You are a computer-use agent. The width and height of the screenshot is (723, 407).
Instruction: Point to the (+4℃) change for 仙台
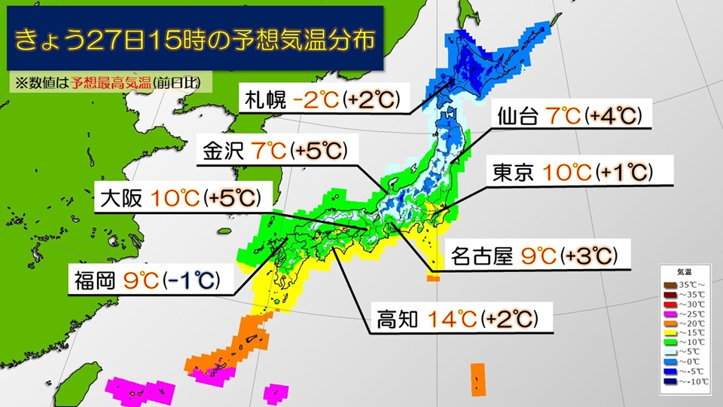point(612,117)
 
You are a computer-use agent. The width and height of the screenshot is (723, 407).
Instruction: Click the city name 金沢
point(221,151)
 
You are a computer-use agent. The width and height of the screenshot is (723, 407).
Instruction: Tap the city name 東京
point(514,173)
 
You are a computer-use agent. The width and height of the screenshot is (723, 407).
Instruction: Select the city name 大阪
point(120,199)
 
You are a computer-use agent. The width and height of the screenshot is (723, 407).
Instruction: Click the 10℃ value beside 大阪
point(175,199)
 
